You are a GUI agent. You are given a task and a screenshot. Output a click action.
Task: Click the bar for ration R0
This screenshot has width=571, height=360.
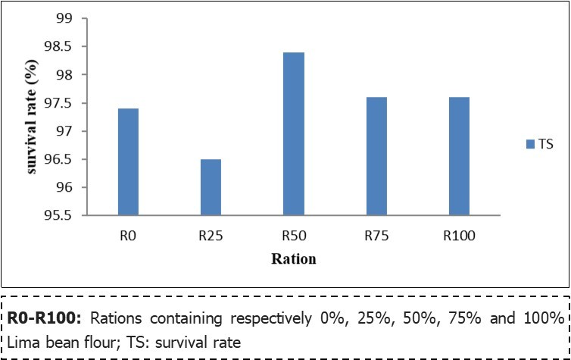coord(128,162)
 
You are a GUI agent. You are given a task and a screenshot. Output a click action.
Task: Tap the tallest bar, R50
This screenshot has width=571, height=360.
coord(293,134)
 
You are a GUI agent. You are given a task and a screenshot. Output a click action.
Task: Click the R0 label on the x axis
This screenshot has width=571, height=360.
coord(128,236)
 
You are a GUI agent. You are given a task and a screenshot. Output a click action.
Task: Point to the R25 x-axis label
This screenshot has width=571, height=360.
coord(211,236)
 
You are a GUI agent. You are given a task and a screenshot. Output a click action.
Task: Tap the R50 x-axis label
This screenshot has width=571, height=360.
coord(293,236)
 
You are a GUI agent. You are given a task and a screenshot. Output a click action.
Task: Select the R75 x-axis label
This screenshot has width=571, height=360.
coord(376,236)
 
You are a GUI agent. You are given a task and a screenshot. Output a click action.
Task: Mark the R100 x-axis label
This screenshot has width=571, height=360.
coord(459,236)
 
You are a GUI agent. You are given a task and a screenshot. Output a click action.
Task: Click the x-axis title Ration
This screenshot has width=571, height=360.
coord(294,259)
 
